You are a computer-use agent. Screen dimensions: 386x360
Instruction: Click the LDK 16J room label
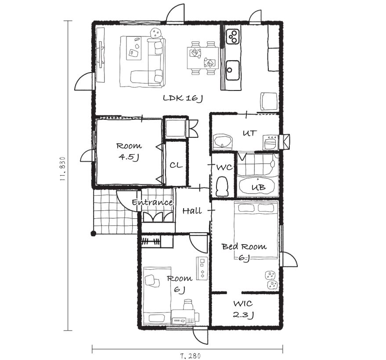183,98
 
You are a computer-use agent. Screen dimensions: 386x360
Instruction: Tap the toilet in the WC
222,186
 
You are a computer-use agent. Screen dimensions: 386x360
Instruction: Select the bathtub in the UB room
257,186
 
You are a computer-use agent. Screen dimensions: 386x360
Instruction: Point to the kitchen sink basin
232,70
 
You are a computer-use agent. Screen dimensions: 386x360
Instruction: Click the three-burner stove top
233,36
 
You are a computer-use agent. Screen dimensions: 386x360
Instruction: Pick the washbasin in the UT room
223,141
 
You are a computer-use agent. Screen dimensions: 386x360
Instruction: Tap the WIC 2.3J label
243,309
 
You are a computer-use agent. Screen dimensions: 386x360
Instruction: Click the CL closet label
176,165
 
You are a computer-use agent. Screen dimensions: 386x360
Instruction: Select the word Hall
192,210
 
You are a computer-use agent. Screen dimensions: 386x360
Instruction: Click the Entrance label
152,202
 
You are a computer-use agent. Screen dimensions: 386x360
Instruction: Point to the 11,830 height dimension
62,169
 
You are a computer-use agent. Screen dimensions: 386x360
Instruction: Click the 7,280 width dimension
190,356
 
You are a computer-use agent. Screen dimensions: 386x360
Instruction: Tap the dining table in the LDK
202,58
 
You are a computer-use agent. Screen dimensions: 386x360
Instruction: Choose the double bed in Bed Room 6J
256,230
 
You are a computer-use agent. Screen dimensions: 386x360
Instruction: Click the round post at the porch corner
93,234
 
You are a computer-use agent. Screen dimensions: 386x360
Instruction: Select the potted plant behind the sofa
155,33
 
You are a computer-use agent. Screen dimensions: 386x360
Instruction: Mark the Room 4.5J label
129,151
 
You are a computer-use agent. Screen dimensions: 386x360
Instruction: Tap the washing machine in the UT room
271,142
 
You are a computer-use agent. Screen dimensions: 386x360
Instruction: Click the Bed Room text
244,246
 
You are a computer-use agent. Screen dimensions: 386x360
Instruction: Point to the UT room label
249,133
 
